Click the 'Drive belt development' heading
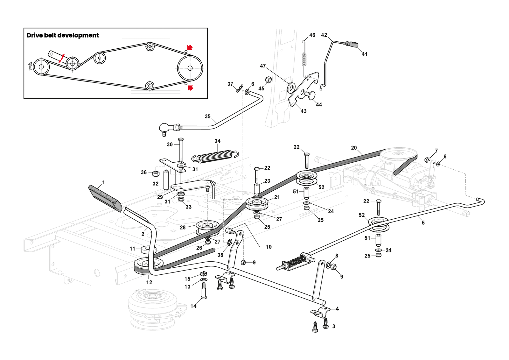pyautogui.click(x=63, y=35)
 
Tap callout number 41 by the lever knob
pyautogui.click(x=364, y=54)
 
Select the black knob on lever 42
pyautogui.click(x=352, y=44)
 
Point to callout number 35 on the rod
pyautogui.click(x=207, y=116)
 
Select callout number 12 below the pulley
pyautogui.click(x=149, y=282)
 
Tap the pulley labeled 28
pyautogui.click(x=207, y=226)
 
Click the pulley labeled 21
pyautogui.click(x=257, y=203)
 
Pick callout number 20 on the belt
pyautogui.click(x=354, y=148)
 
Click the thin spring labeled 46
pyautogui.click(x=304, y=58)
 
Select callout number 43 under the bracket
pyautogui.click(x=303, y=111)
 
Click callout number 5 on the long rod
pyautogui.click(x=423, y=223)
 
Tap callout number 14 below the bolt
pyautogui.click(x=193, y=306)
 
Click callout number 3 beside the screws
pyautogui.click(x=333, y=326)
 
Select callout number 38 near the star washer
pyautogui.click(x=220, y=255)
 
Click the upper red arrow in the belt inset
pyautogui.click(x=190, y=47)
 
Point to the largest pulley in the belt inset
pyautogui.click(x=190, y=68)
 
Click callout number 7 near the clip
pyautogui.click(x=436, y=151)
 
